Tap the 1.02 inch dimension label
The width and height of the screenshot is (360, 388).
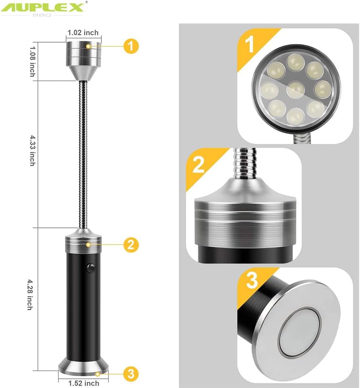83,33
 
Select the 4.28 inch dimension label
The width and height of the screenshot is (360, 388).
29,295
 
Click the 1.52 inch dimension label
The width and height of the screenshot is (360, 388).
83,383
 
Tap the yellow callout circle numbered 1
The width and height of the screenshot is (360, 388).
131,46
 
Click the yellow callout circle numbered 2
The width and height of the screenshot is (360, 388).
131,244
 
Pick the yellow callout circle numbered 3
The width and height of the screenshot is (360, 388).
131,373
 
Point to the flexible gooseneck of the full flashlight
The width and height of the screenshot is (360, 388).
84,155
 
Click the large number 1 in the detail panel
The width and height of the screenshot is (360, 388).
250,45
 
